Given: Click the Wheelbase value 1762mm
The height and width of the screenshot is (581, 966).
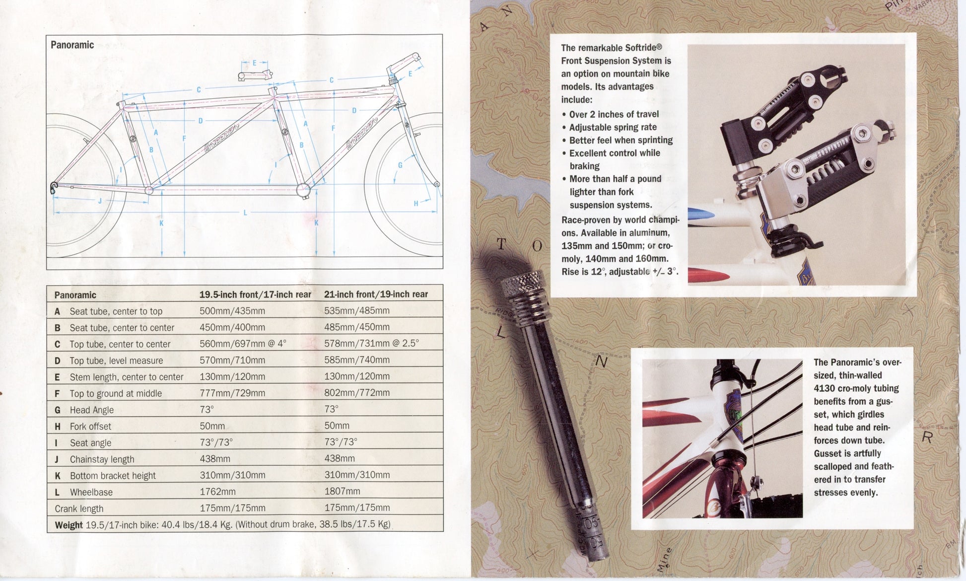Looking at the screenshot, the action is click(x=217, y=492).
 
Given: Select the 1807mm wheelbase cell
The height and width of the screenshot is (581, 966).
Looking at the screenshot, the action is click(x=342, y=491).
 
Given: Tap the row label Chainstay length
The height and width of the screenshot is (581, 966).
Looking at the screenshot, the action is click(x=102, y=459).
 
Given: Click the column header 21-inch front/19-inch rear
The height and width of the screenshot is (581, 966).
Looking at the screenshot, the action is click(x=376, y=294).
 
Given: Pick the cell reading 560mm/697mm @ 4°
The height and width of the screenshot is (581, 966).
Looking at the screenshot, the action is click(x=243, y=344).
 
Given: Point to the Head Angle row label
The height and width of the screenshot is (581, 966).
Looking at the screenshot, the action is click(x=91, y=410).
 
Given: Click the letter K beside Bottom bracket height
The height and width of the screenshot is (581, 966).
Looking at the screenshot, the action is click(x=58, y=476).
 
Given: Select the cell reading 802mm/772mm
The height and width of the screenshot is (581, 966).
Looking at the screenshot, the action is click(x=357, y=393).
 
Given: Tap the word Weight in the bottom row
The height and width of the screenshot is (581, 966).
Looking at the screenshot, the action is click(x=69, y=525).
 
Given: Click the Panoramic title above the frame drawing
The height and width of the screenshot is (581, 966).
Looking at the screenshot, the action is click(x=72, y=45).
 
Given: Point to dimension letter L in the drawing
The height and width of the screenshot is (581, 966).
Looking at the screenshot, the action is click(x=245, y=213).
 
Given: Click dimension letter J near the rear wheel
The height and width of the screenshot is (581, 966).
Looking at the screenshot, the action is click(x=100, y=201).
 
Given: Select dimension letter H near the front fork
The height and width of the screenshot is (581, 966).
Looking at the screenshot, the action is click(x=416, y=203).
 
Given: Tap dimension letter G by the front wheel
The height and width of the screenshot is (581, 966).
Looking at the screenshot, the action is click(x=400, y=165).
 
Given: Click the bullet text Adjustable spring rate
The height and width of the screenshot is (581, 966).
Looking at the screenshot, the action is click(x=613, y=127).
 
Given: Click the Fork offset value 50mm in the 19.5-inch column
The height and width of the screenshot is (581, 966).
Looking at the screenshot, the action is click(x=212, y=426).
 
